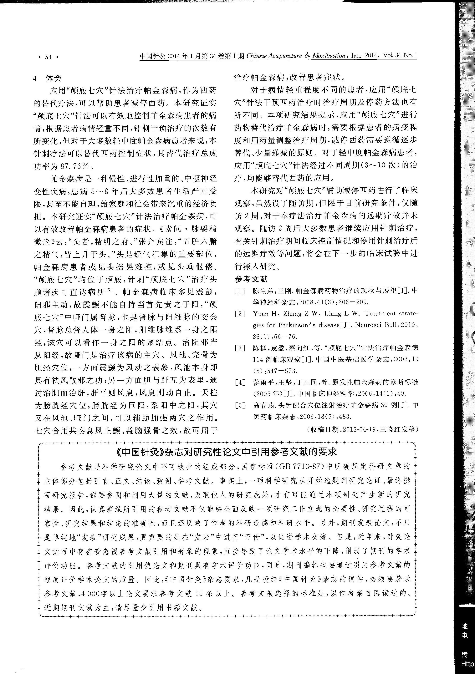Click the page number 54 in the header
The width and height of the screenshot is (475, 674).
click(x=49, y=57)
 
